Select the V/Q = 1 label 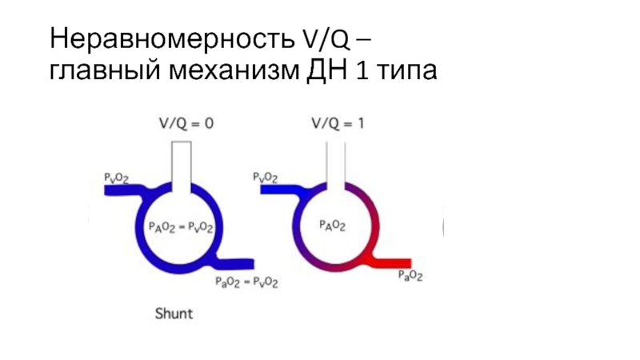click(334, 124)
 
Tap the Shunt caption click(174, 314)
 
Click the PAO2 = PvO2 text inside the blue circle click(181, 227)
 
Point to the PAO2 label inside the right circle click(332, 226)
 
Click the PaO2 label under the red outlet click(410, 277)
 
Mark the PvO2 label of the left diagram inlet click(118, 175)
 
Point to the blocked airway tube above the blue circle click(182, 164)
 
